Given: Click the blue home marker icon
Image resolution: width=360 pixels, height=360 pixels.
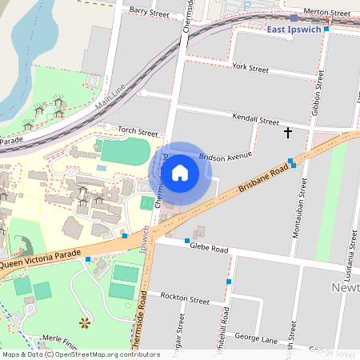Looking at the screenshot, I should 180,172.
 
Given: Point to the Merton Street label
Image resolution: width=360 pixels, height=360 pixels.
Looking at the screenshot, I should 328,14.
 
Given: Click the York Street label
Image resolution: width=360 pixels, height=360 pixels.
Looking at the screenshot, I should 250,69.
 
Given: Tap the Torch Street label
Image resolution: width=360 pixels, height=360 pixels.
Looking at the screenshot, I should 138,130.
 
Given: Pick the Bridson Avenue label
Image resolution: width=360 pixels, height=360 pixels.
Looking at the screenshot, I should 226,156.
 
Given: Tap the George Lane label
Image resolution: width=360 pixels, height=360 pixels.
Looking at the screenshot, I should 258,339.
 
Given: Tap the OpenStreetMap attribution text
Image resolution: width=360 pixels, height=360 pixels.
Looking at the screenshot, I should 80,354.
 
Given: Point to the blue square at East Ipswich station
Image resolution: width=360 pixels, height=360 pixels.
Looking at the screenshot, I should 294,18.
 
